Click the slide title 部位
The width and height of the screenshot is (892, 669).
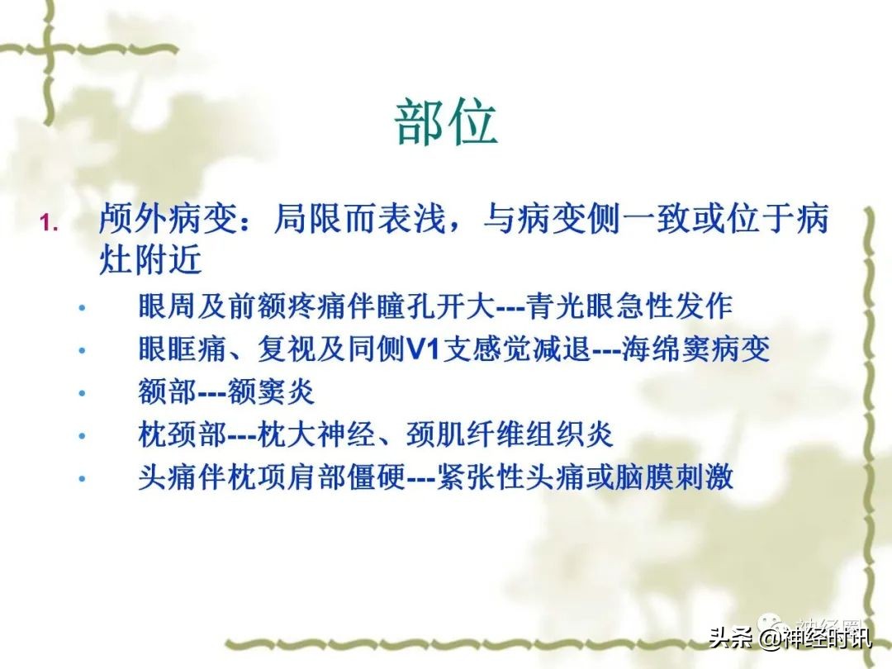(x=445, y=124)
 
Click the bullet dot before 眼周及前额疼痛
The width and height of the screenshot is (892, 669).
(x=82, y=308)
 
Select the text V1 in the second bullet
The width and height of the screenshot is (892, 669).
(x=425, y=349)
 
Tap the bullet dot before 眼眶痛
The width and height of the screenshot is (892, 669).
(x=82, y=351)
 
